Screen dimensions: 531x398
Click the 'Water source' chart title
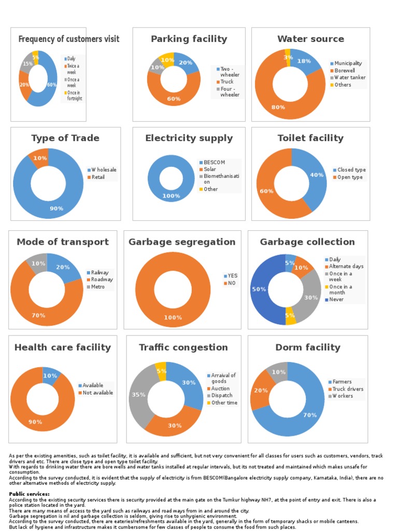(310, 39)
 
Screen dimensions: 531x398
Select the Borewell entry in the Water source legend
(345, 71)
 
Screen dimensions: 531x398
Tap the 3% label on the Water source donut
(288, 57)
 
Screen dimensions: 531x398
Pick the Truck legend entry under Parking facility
(227, 81)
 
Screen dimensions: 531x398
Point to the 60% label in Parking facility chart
(174, 99)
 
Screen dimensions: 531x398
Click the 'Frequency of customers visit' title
(68, 39)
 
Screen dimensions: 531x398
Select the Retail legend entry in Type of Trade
(98, 177)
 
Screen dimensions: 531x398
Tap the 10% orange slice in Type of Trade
(40, 158)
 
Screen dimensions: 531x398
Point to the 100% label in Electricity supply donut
(171, 196)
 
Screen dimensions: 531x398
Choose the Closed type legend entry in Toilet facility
(351, 170)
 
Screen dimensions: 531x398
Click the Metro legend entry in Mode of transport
(98, 287)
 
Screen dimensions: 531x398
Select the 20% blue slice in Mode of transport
(63, 267)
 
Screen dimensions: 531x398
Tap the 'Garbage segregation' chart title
(182, 242)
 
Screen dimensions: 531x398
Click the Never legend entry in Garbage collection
(336, 299)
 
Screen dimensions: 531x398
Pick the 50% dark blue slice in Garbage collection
(259, 289)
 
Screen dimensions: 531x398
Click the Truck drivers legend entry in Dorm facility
(347, 389)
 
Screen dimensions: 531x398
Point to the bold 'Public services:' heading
(30, 494)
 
